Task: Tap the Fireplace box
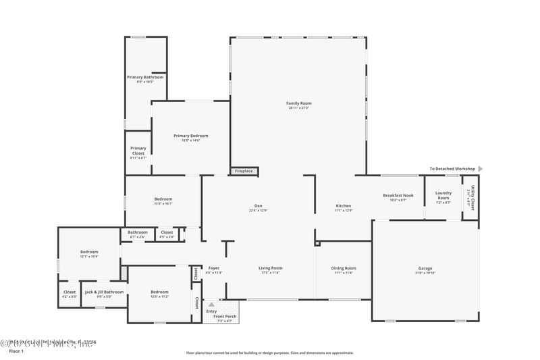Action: point(244,172)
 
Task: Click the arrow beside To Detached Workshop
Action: point(481,169)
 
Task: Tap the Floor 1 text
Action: point(16,351)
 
